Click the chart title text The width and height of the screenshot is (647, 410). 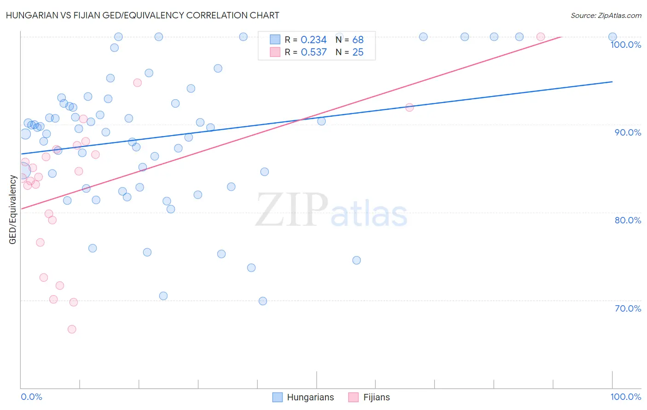142,15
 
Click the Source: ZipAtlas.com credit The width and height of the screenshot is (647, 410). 606,15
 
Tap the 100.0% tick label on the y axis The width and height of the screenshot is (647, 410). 625,45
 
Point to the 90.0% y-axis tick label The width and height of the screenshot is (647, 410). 627,132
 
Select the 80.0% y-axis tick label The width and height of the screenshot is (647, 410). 627,220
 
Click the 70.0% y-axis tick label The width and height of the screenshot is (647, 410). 627,308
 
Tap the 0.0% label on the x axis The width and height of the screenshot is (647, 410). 31,397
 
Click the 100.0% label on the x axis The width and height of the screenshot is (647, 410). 625,397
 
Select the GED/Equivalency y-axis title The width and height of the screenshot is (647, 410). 13,210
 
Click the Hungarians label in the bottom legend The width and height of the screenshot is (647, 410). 310,397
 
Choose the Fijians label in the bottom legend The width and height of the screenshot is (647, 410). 376,397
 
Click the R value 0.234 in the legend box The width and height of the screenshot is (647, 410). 313,40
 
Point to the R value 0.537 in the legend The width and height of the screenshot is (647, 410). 313,52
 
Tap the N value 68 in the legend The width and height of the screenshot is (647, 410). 358,40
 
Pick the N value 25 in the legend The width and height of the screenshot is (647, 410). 358,52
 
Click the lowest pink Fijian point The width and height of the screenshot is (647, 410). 72,329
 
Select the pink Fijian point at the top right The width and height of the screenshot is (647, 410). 541,37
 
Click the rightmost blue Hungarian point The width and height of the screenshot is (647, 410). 612,37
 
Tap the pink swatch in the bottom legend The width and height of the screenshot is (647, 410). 353,397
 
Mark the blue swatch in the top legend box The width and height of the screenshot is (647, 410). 275,40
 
